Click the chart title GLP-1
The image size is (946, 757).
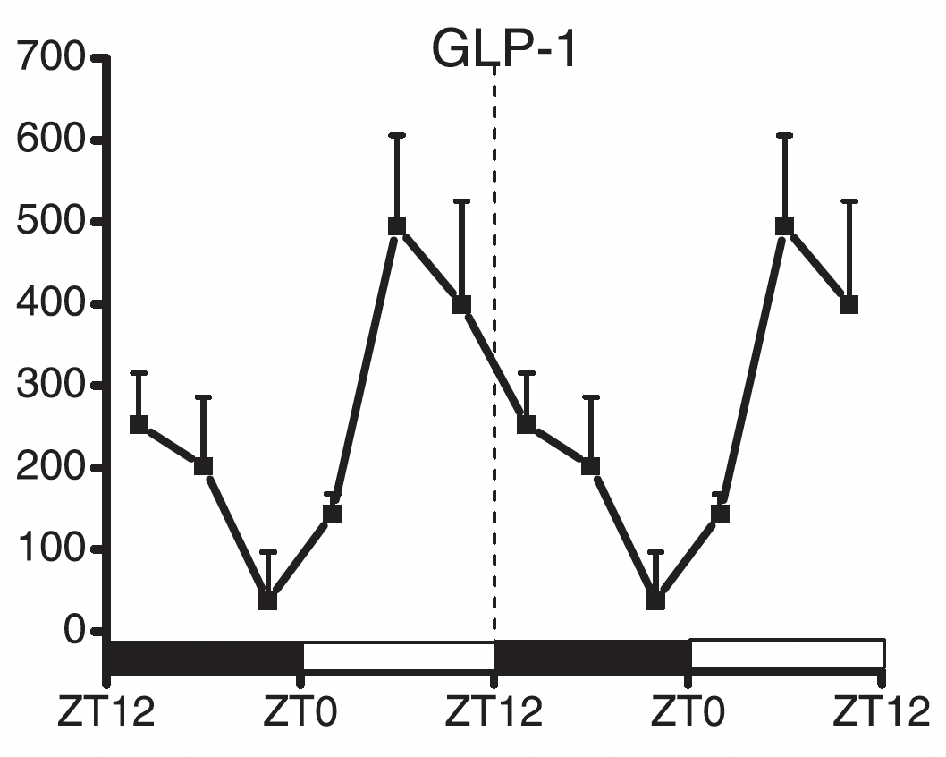pos(505,50)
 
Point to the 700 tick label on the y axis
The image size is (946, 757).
pos(50,60)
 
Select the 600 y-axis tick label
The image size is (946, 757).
pos(50,141)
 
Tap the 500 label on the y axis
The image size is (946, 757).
pos(50,223)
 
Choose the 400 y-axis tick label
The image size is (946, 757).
pos(50,305)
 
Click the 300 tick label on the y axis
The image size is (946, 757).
pos(50,387)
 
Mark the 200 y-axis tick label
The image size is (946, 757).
pos(50,468)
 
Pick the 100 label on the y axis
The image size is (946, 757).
pos(50,549)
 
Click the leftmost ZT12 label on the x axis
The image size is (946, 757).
pos(106,715)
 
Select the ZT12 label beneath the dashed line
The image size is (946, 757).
pos(494,715)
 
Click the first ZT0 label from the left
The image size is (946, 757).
pos(301,715)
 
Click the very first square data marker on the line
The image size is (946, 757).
pos(139,424)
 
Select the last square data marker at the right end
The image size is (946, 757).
pos(849,305)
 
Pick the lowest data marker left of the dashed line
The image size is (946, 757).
pos(267,600)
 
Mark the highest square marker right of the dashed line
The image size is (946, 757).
pos(784,226)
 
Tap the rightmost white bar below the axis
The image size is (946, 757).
pos(787,653)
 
